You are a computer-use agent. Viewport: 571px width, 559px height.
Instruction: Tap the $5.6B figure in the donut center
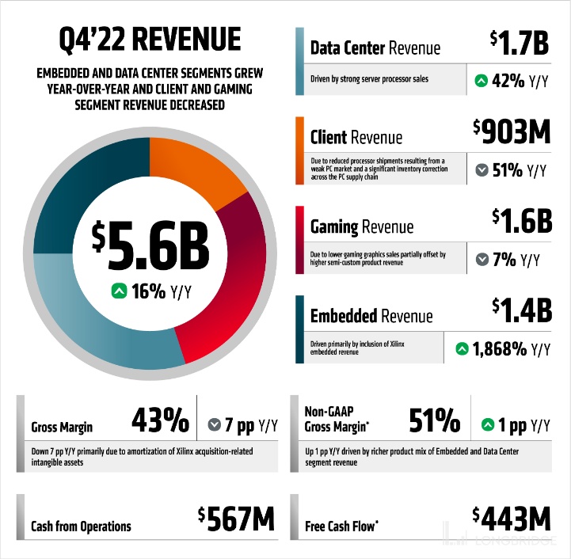[150, 246]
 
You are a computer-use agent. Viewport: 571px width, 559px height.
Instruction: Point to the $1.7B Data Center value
[520, 44]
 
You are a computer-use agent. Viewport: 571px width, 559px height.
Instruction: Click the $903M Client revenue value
[512, 133]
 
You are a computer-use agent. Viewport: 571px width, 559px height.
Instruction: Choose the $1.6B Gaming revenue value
[521, 221]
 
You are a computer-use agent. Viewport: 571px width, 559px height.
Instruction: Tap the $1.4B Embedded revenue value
[521, 310]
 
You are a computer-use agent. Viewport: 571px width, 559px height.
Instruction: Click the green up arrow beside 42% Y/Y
[481, 80]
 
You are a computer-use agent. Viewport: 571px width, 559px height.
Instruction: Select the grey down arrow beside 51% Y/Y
[481, 169]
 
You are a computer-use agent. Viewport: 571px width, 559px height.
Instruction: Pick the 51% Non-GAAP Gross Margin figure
[434, 421]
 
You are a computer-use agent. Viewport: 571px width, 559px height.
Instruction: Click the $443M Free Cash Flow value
[512, 519]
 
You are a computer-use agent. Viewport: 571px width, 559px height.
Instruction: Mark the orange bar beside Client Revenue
[299, 150]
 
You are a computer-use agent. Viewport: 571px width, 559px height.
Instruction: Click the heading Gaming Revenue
[361, 227]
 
